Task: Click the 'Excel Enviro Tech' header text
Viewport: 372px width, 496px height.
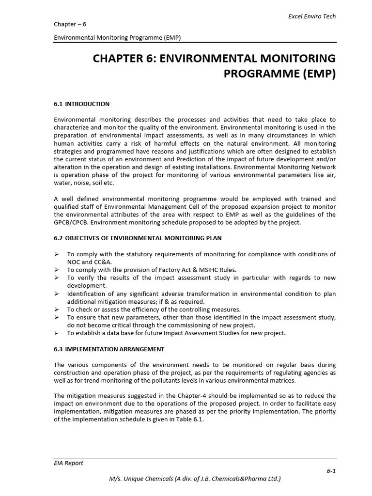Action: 312,16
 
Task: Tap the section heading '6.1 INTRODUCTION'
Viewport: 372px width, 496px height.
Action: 81,104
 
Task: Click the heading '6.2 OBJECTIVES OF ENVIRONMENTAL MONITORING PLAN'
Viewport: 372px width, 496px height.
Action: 138,238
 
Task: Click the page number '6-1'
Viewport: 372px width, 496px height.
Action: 331,471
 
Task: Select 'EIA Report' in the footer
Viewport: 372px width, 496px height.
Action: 68,463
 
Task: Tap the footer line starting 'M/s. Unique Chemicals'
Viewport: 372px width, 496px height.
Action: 195,479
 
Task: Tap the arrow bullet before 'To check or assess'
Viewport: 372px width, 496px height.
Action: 57,310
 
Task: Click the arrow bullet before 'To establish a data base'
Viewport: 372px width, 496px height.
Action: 57,333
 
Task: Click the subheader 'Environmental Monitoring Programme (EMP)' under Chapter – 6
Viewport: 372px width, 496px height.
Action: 117,37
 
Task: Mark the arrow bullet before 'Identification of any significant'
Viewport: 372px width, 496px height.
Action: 57,294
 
